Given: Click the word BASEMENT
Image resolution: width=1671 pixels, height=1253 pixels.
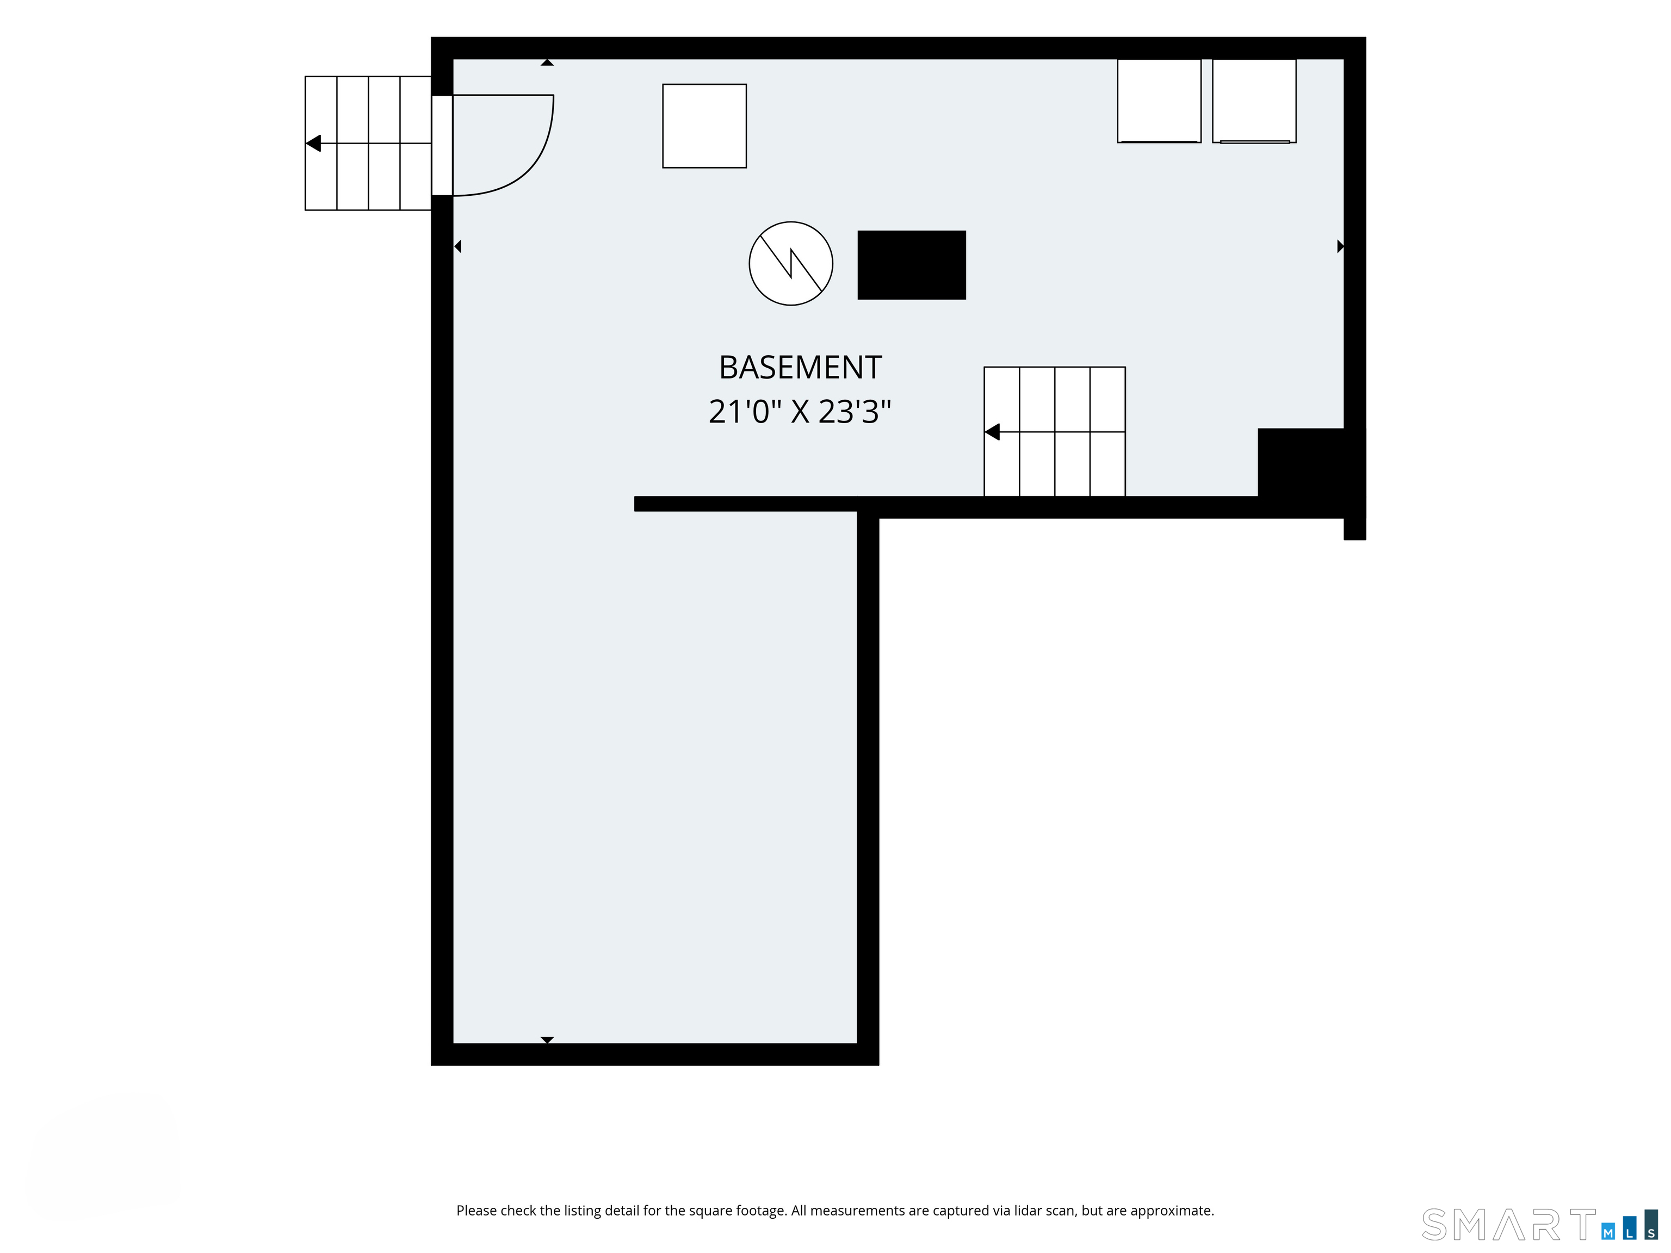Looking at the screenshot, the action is pyautogui.click(x=800, y=368).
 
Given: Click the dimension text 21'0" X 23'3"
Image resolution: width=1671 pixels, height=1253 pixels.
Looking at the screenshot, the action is pyautogui.click(x=800, y=412).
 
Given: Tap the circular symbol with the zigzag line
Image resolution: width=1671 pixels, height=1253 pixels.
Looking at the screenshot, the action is pyautogui.click(x=791, y=264).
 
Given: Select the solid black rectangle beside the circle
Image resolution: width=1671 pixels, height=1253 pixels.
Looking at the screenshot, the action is pyautogui.click(x=912, y=265).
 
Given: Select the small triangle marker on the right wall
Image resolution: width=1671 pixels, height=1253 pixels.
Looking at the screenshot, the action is pyautogui.click(x=1341, y=246).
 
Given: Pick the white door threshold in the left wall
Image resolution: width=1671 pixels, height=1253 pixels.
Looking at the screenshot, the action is pyautogui.click(x=442, y=146).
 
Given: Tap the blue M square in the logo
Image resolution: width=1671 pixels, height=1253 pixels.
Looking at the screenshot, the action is pyautogui.click(x=1608, y=1233).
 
